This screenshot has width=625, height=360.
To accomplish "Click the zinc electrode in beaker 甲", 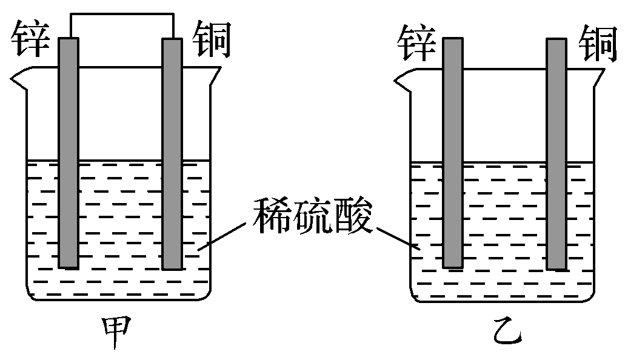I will (69, 152).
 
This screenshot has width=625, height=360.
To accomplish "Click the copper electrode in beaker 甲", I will (173, 152).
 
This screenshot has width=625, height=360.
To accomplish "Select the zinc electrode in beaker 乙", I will (452, 152).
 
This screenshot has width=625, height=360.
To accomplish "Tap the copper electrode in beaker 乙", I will (556, 152).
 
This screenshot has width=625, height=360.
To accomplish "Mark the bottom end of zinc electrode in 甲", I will (69, 265).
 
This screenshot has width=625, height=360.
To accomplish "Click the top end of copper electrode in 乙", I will (556, 41).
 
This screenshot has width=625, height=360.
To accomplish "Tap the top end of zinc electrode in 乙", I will (452, 40).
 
